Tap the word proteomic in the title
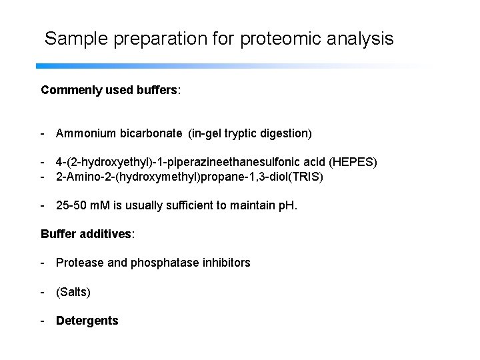pos(288,39)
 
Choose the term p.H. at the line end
pos(287,205)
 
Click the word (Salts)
pos(73,292)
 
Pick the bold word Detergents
pos(87,321)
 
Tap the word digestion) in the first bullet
pos(287,133)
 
